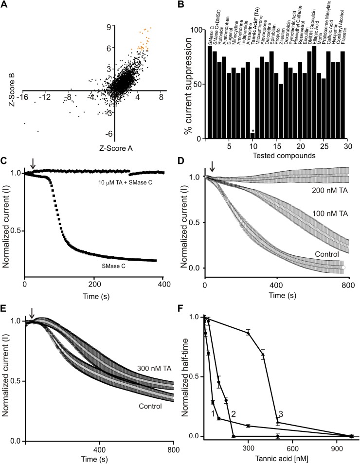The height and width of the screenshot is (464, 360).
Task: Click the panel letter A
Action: [5, 6]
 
